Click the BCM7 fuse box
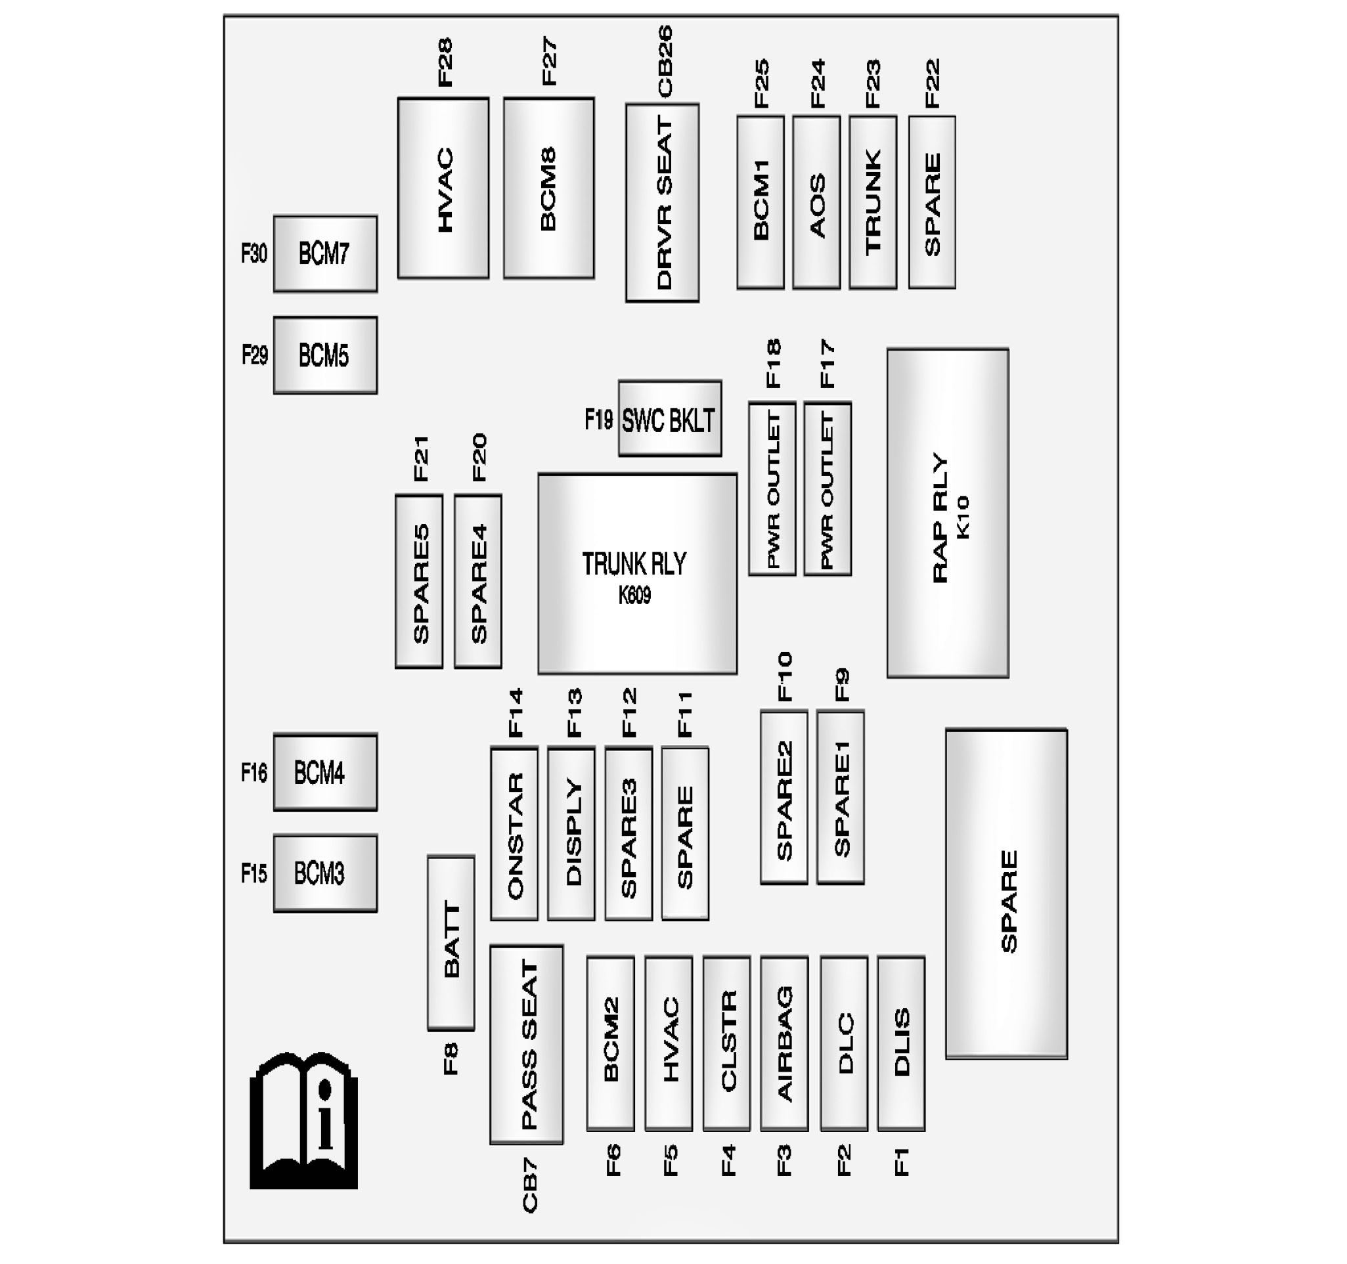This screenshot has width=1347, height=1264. coord(325,254)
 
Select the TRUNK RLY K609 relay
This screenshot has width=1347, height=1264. coord(637,574)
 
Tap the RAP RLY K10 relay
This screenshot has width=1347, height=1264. coord(947,513)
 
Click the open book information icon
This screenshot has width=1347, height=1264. coord(303,1120)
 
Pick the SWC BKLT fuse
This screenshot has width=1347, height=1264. coord(669,419)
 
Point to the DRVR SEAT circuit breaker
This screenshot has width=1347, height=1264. coord(662,202)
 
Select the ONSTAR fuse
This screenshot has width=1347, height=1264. coord(514,834)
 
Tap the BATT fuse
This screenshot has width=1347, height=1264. coord(451,943)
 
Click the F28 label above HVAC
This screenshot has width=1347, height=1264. coord(445,62)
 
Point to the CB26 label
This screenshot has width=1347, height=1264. coord(665,61)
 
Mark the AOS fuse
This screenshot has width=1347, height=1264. coord(816,202)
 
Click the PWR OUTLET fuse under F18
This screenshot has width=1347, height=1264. coord(772,489)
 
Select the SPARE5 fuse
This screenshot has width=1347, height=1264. coord(419,581)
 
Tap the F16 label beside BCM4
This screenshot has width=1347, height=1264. coord(254,772)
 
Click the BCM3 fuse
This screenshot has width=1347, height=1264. coord(325,873)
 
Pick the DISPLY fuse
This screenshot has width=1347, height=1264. coord(571,834)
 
